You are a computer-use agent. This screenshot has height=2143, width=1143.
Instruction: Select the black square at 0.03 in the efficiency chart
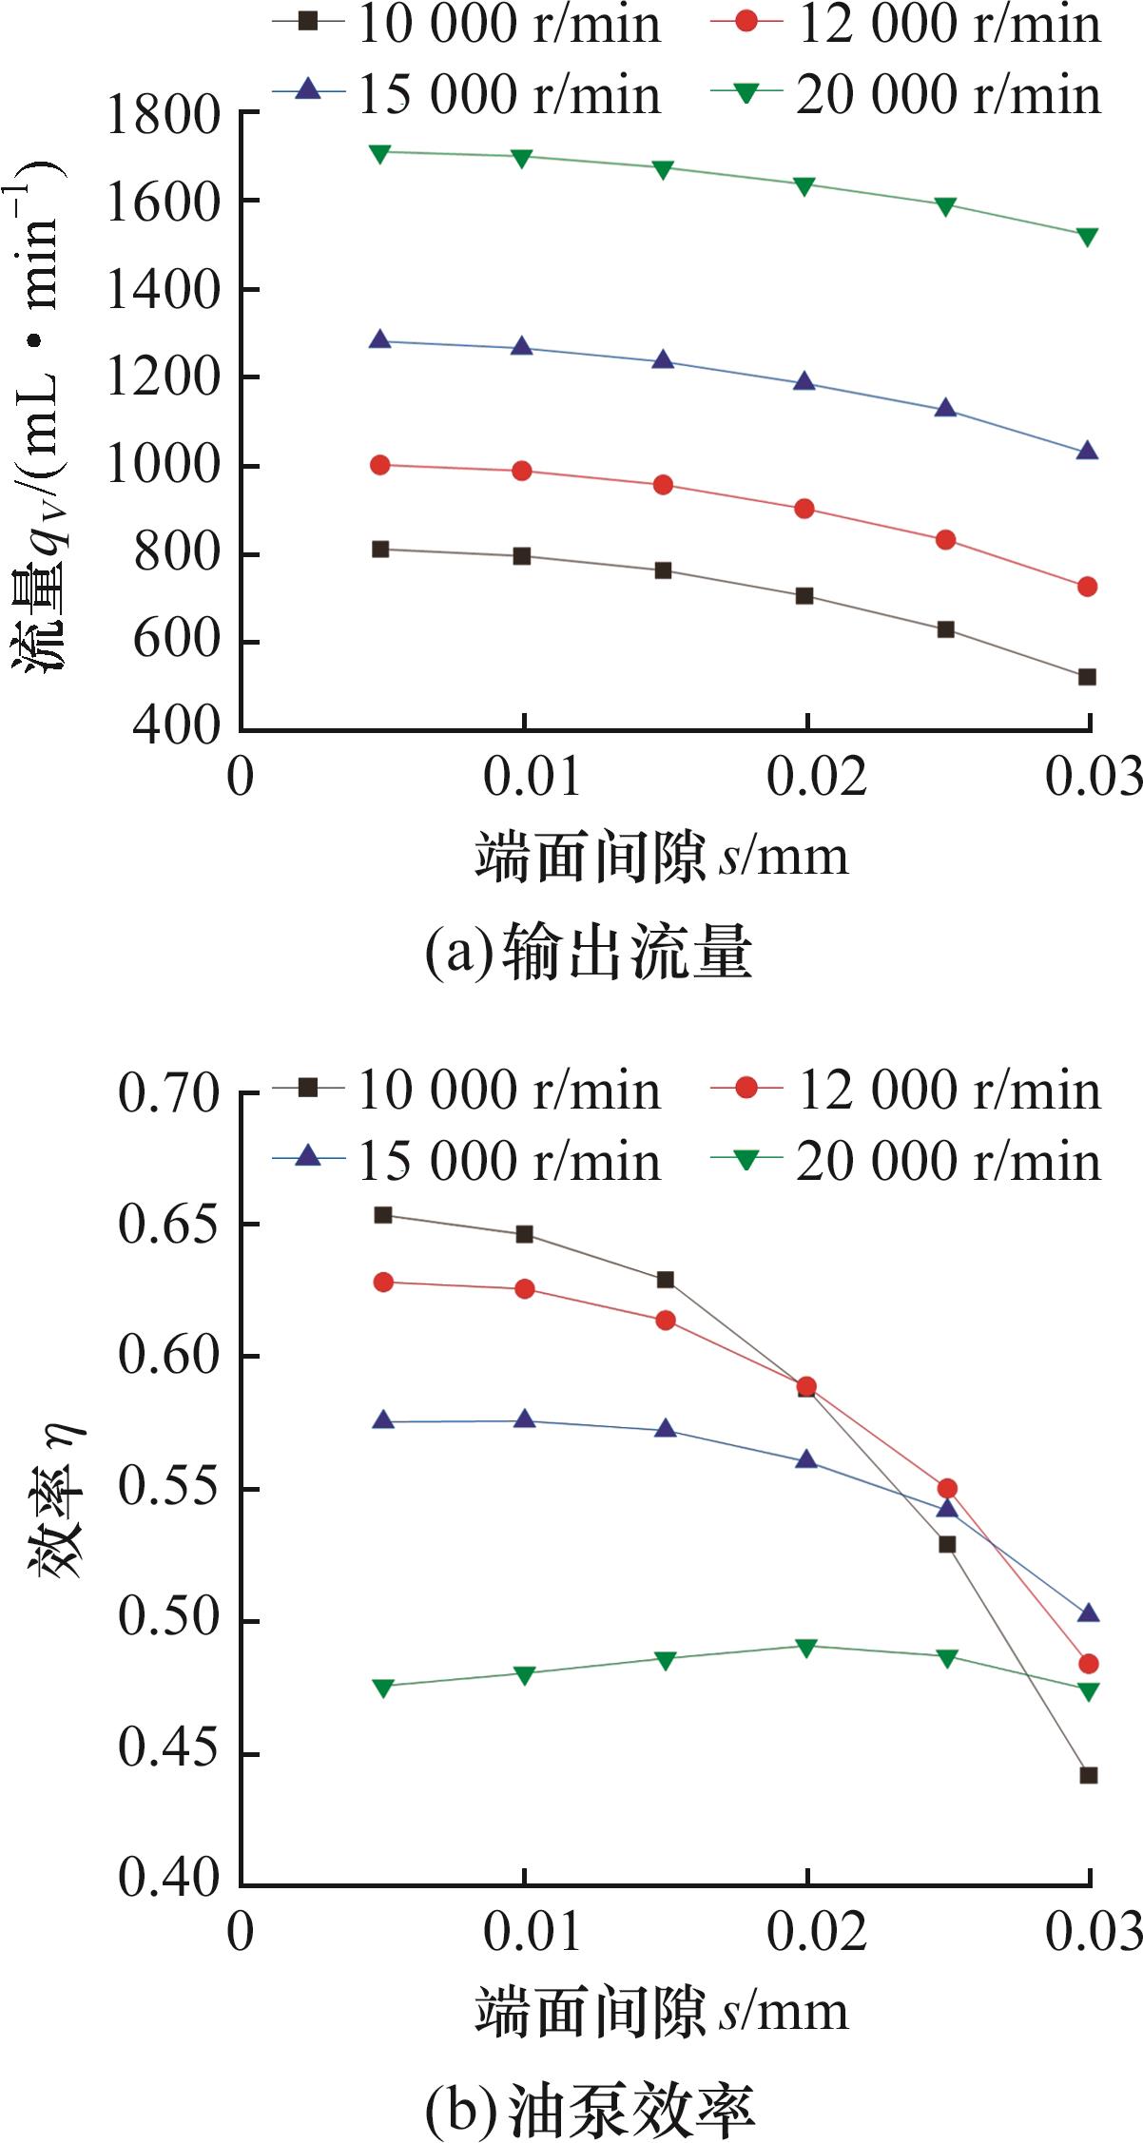(x=1089, y=1775)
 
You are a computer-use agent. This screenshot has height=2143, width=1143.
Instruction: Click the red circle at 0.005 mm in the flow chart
(x=380, y=465)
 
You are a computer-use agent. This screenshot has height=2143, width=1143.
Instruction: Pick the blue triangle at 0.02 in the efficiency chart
(x=806, y=1459)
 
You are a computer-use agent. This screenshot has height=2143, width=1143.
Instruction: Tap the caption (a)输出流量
(x=589, y=954)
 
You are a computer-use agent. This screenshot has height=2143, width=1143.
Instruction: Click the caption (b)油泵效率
(x=591, y=2109)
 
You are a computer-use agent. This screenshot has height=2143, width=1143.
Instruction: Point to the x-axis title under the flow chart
(x=662, y=857)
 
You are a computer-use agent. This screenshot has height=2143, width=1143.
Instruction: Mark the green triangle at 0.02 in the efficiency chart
(x=806, y=1648)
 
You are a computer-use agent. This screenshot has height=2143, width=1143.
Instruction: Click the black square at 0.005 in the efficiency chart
(x=383, y=1215)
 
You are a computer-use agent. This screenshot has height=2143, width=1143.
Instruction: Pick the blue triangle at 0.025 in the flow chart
(x=945, y=408)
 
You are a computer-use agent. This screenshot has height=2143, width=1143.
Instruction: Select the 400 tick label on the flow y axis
(x=176, y=726)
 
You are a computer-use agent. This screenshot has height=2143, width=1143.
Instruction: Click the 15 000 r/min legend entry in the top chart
(x=467, y=94)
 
